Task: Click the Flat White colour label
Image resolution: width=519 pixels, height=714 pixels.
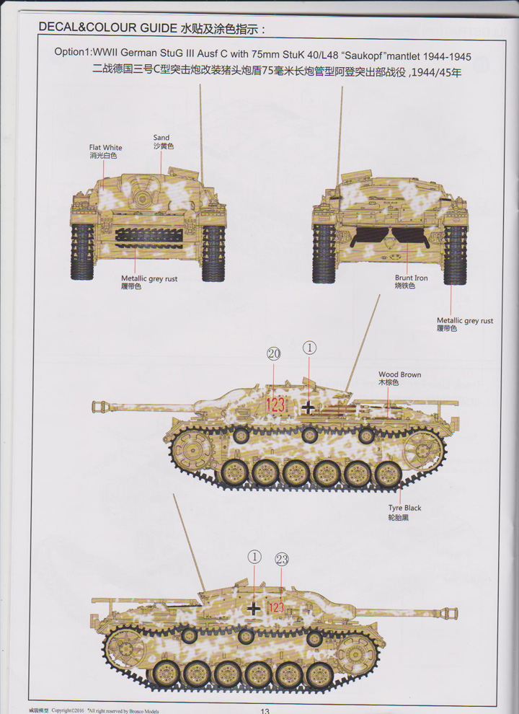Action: [106, 148]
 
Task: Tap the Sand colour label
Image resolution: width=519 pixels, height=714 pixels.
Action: [161, 138]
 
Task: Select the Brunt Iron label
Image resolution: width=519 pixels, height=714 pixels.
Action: [409, 278]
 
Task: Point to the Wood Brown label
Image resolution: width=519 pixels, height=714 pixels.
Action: [399, 375]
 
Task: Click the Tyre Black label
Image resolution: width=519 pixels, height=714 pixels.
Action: [404, 508]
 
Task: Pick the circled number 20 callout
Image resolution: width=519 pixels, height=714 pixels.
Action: [273, 353]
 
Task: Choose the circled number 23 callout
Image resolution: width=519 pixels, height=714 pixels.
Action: [282, 559]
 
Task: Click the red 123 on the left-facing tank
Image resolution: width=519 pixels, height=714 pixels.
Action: [275, 405]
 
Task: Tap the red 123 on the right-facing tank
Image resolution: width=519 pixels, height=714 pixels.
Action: [276, 608]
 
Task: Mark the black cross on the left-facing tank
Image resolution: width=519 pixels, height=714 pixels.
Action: [309, 407]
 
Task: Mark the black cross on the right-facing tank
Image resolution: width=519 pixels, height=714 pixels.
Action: [253, 609]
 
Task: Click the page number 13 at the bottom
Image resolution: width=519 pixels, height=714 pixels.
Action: [265, 710]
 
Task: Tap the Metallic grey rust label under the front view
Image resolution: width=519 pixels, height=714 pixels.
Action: [149, 278]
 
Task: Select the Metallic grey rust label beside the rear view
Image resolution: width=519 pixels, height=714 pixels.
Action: [465, 321]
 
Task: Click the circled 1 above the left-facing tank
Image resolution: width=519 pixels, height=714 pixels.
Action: [309, 348]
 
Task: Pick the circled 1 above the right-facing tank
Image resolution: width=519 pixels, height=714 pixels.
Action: [254, 556]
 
